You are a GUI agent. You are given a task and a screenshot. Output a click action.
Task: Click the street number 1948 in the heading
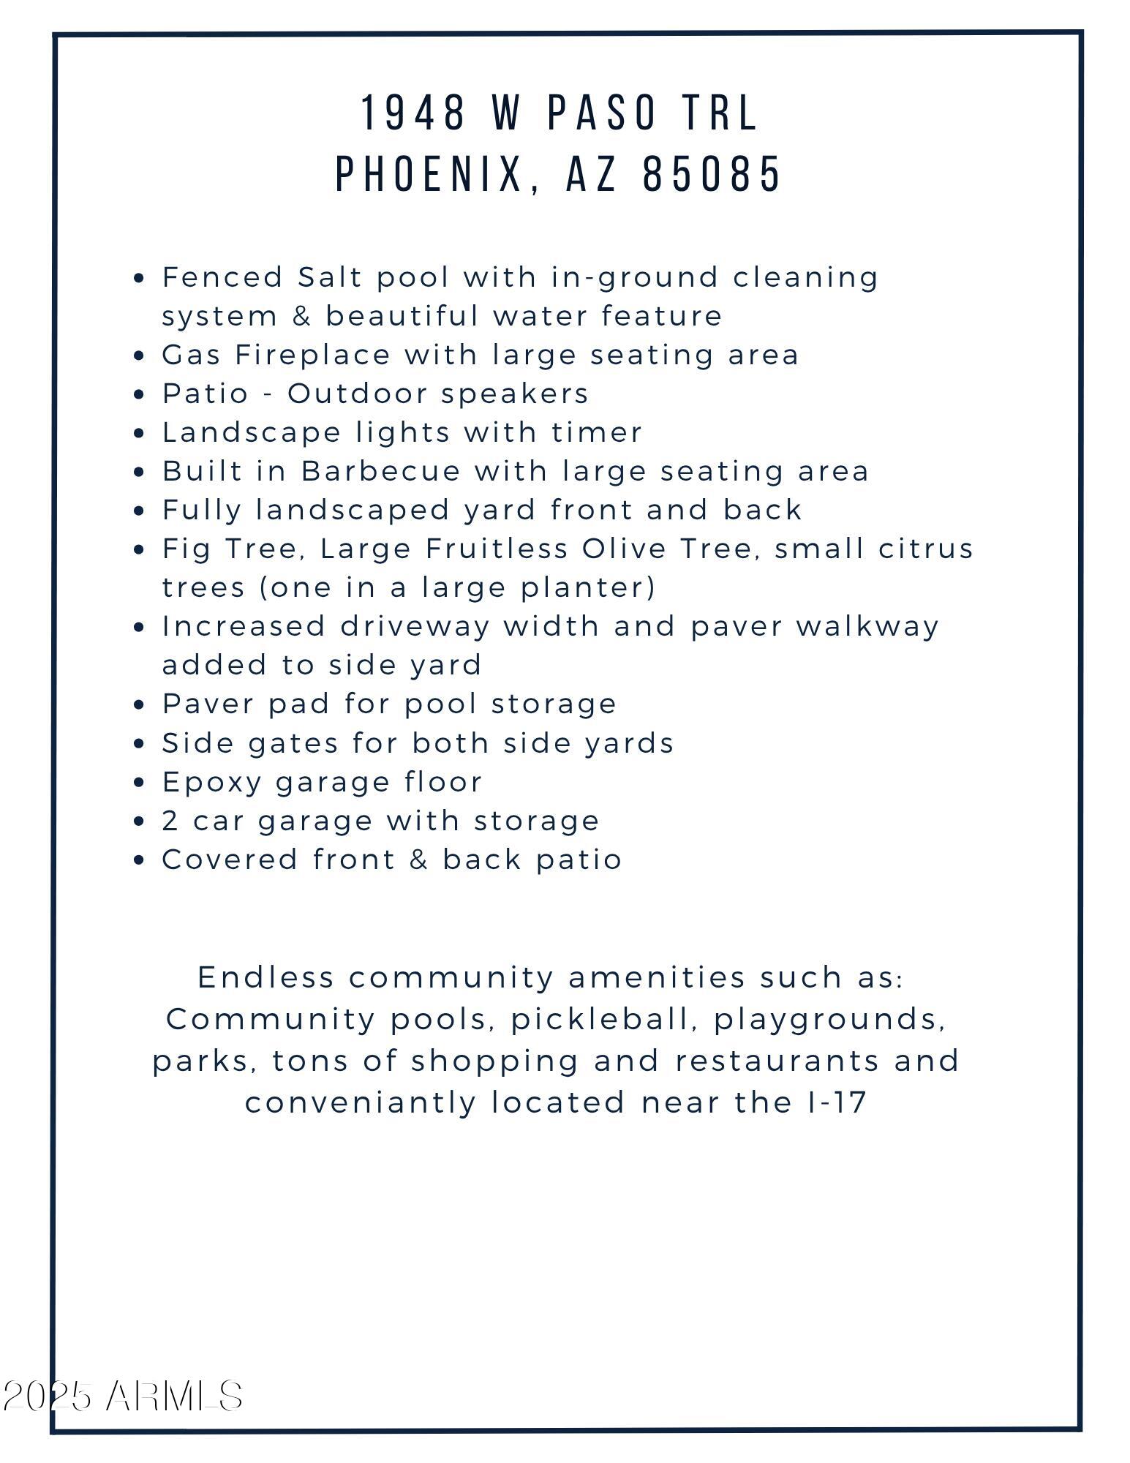point(414,113)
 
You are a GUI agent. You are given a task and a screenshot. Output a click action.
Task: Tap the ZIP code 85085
point(712,175)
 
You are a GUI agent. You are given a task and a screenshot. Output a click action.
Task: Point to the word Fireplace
point(313,355)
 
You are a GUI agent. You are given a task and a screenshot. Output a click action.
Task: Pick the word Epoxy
point(211,783)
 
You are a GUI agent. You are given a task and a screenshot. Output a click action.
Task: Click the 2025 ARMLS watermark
point(123,1396)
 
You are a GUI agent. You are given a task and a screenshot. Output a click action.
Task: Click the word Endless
point(265,977)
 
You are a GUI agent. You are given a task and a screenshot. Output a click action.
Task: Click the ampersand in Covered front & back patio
point(418,860)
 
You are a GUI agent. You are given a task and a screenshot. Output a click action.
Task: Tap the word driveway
point(415,627)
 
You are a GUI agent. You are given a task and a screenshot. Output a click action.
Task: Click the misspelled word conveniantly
point(361,1102)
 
